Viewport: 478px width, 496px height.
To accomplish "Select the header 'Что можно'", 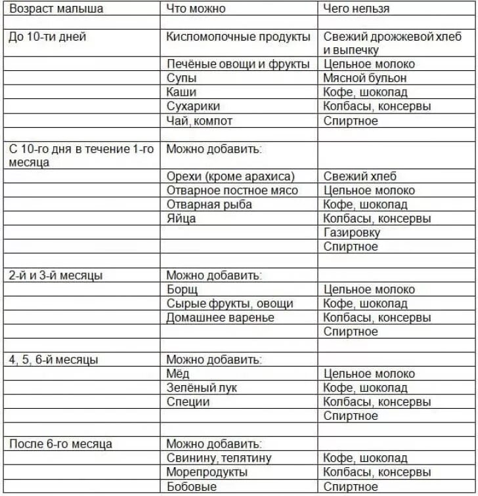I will (x=196, y=9).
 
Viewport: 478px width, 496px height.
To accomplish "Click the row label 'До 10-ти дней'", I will (x=47, y=37).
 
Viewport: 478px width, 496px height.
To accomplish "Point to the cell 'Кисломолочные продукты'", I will (x=238, y=37).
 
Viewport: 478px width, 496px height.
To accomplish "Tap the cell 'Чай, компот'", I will (x=200, y=121).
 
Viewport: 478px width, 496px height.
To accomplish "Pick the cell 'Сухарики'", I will (x=193, y=106).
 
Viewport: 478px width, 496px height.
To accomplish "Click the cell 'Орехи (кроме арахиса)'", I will (x=230, y=176).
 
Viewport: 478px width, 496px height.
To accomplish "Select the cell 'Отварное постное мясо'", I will (x=232, y=190).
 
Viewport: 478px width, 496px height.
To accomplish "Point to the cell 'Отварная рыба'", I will (x=209, y=204).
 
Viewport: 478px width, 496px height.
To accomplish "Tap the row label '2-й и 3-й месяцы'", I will (x=56, y=276).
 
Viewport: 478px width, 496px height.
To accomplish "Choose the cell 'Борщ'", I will (x=182, y=289).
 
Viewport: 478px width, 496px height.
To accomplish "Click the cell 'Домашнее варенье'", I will (x=220, y=318).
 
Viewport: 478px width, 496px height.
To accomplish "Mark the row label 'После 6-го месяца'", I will (x=60, y=444).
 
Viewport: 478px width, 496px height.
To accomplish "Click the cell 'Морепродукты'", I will (x=207, y=472).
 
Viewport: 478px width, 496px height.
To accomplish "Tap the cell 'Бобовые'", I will (x=191, y=487).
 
